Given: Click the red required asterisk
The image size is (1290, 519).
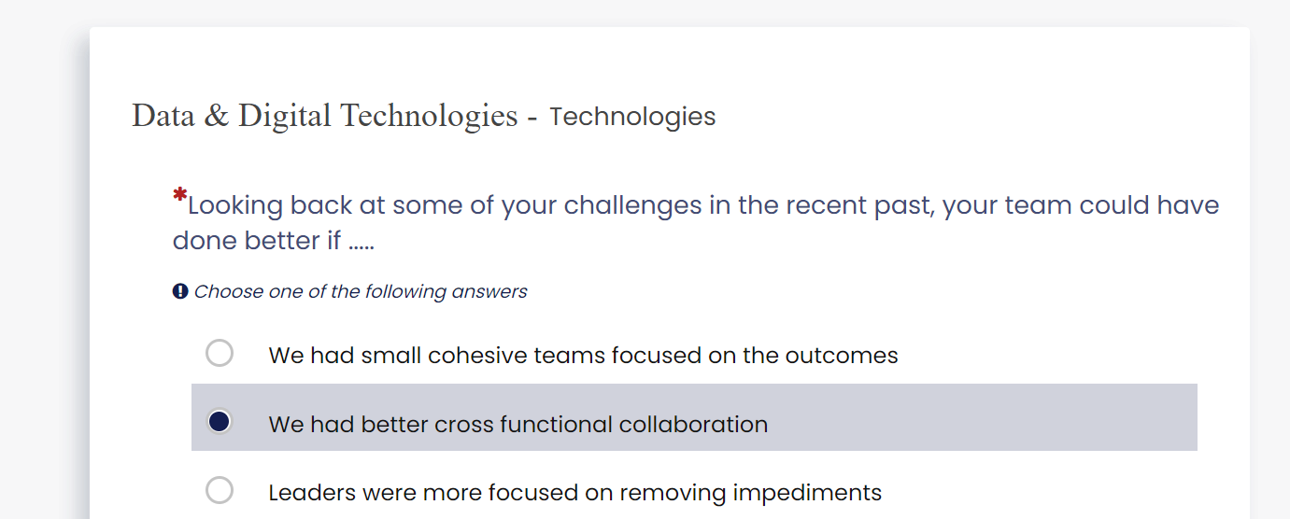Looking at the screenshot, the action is [x=179, y=194].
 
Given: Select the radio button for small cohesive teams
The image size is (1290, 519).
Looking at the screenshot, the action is [x=220, y=353].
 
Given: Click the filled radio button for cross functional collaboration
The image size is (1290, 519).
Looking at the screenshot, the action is [x=220, y=422].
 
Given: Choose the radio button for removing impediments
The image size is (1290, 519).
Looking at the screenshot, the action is [x=220, y=490].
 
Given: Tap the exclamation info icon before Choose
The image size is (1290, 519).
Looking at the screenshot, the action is [x=180, y=291].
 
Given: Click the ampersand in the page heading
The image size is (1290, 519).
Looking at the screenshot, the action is [x=217, y=115].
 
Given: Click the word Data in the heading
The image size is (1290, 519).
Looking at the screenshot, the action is [x=163, y=116].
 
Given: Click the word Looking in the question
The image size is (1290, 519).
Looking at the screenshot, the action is [x=235, y=206].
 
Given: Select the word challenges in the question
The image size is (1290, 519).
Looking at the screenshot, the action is [x=632, y=206].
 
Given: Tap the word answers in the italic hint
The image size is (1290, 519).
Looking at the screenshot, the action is [x=489, y=292].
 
